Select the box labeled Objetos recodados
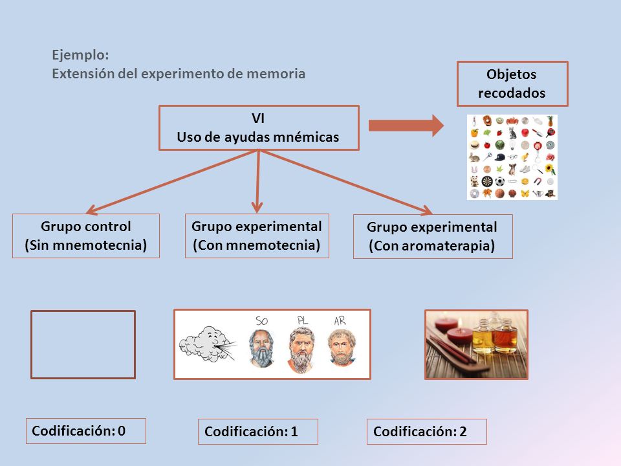(512, 83)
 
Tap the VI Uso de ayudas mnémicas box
(259, 128)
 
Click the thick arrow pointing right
(406, 126)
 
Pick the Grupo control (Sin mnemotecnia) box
(86, 236)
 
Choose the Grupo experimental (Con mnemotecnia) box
(257, 236)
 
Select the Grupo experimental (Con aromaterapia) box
(433, 237)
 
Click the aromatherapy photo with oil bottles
(477, 344)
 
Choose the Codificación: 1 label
(258, 432)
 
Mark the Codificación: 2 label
(426, 432)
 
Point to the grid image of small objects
(512, 157)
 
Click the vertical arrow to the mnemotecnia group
(258, 182)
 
